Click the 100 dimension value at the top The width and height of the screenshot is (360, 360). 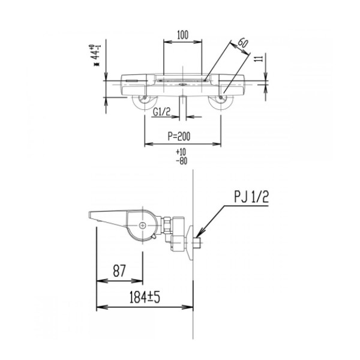tap(183, 35)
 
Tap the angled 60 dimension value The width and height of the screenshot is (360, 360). tap(242, 43)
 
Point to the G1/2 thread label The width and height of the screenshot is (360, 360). tap(162, 112)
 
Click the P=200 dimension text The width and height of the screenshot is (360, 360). tap(179, 136)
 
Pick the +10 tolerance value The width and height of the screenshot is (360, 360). tap(181, 152)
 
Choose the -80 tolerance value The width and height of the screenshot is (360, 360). tap(182, 161)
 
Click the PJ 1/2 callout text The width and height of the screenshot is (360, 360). tap(251, 197)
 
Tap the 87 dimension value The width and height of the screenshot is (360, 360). tap(119, 271)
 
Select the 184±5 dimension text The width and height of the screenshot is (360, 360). tap(145, 297)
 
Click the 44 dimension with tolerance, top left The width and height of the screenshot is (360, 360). tap(95, 55)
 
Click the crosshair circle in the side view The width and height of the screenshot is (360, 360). tap(143, 226)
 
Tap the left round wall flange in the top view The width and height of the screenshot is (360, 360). tap(145, 102)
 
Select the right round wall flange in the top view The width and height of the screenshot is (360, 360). tap(221, 102)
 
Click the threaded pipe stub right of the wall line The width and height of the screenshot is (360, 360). tap(197, 244)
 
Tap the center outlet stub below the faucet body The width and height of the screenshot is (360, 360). tap(182, 107)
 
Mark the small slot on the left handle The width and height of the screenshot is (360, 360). tap(131, 80)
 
